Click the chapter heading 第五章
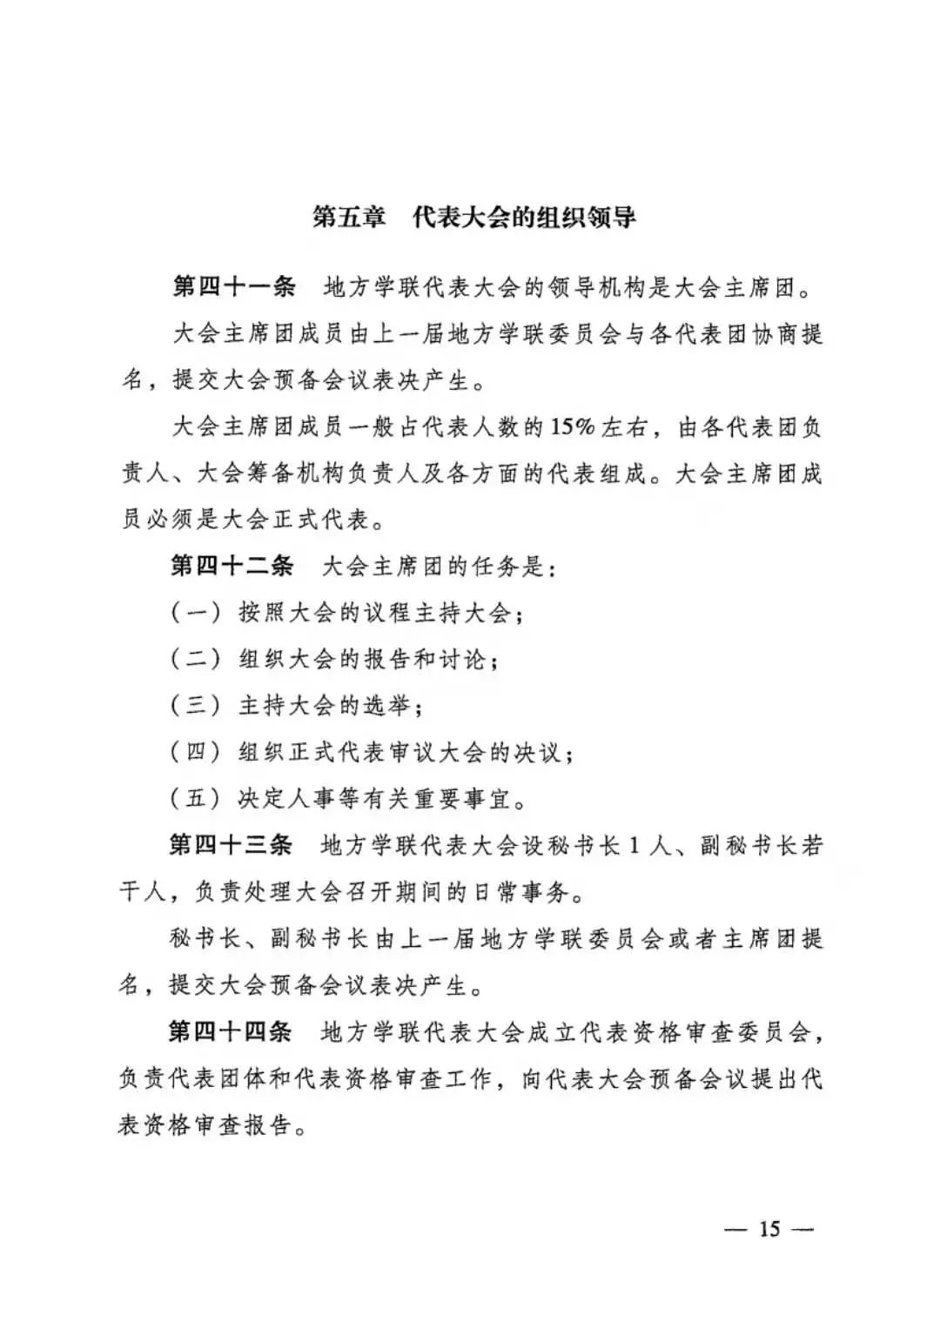click(349, 217)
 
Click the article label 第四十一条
click(233, 286)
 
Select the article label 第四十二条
click(232, 566)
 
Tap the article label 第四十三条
click(232, 845)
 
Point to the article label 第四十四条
click(231, 1032)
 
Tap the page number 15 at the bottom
click(769, 1229)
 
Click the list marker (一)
click(196, 613)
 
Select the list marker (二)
click(196, 659)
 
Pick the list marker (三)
click(196, 706)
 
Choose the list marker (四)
click(196, 752)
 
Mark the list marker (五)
click(196, 799)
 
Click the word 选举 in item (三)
click(387, 706)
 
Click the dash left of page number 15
click(737, 1230)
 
